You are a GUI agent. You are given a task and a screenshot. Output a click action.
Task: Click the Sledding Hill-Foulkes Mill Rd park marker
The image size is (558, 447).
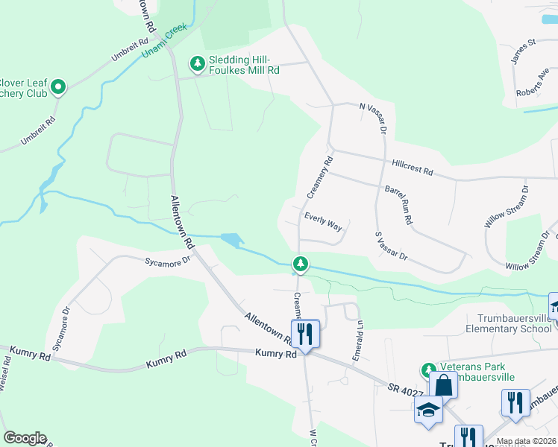click(x=198, y=64)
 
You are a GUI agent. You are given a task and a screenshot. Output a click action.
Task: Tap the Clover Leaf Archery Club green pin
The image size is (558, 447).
click(x=58, y=88)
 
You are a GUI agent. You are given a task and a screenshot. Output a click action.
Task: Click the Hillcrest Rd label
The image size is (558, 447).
click(x=412, y=167)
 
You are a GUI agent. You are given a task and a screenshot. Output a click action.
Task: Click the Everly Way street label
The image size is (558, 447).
click(x=323, y=221)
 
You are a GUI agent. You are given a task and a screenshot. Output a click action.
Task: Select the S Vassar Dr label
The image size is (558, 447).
click(x=392, y=245)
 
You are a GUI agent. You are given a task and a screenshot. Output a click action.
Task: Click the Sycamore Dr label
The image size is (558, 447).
click(x=168, y=261)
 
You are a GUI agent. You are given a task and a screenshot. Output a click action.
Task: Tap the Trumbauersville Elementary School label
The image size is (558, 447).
click(x=510, y=323)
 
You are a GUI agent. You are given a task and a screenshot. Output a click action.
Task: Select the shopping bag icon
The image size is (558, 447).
click(x=443, y=386)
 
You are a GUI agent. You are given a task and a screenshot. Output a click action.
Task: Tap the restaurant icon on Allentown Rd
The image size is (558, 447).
click(x=305, y=332)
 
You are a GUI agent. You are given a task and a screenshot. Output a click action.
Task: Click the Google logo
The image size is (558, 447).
click(x=25, y=437)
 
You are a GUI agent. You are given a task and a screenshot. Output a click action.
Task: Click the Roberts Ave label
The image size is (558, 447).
click(x=533, y=84)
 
